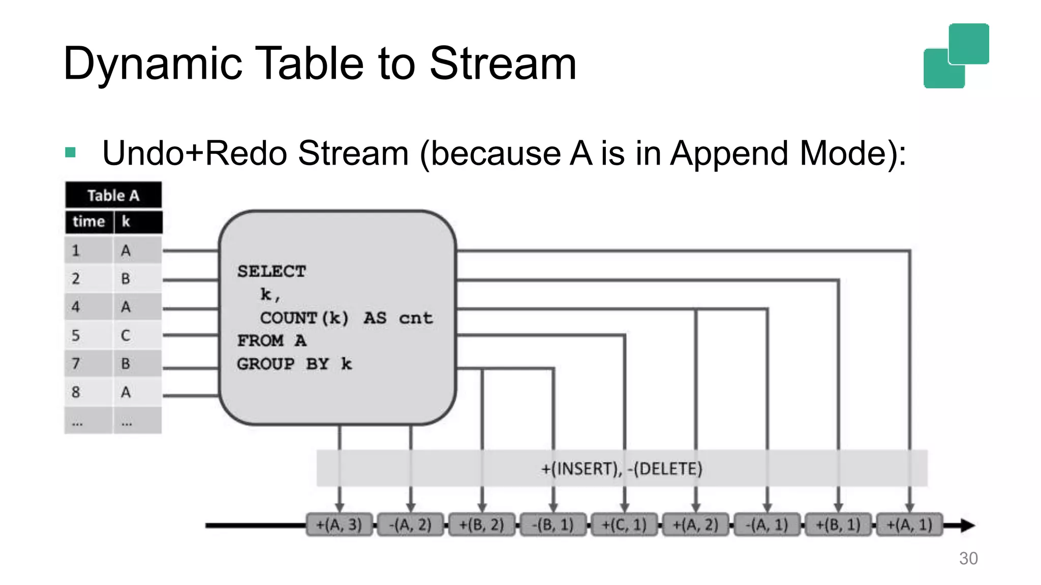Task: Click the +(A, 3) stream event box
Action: pos(339,525)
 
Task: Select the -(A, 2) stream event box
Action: pos(410,525)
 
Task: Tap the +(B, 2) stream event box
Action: pos(481,525)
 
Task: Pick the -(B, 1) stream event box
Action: pos(553,525)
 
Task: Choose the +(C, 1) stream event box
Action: pos(624,525)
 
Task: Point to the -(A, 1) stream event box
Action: pos(767,525)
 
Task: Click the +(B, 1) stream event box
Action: pos(838,525)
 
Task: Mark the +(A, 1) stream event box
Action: pos(909,525)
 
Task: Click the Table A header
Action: pos(113,196)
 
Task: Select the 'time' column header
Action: pos(89,222)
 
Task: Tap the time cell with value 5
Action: pos(76,335)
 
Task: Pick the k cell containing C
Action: pos(126,335)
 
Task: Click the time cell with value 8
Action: pos(76,392)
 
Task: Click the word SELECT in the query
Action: pos(271,271)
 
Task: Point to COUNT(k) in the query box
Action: pos(304,318)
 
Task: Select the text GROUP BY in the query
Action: pos(283,364)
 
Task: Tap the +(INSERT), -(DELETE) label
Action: pos(622,468)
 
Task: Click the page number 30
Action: pos(968,558)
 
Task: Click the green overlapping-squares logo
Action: pos(956,56)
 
